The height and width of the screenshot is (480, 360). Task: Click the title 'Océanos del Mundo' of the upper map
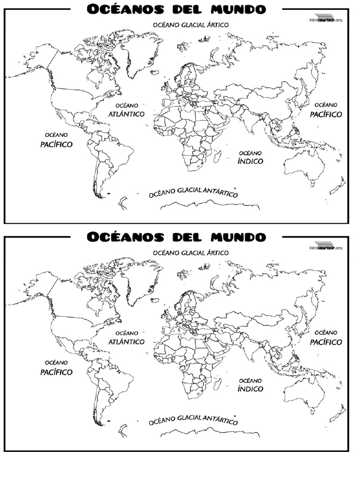(x=176, y=9)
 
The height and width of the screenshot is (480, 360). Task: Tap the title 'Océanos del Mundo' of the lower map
(x=176, y=237)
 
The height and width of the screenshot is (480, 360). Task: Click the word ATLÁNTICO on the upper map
(x=126, y=114)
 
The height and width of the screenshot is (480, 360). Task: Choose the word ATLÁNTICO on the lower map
(x=126, y=342)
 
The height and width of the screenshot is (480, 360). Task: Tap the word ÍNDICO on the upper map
(x=250, y=161)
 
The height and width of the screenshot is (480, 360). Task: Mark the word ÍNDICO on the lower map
(x=250, y=389)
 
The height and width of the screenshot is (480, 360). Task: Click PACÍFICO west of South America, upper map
(x=56, y=144)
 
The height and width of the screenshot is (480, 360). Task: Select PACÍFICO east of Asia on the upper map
(x=326, y=114)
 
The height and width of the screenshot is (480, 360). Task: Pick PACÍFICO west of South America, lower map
(x=56, y=372)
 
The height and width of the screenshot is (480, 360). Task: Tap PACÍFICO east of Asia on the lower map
(x=326, y=342)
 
